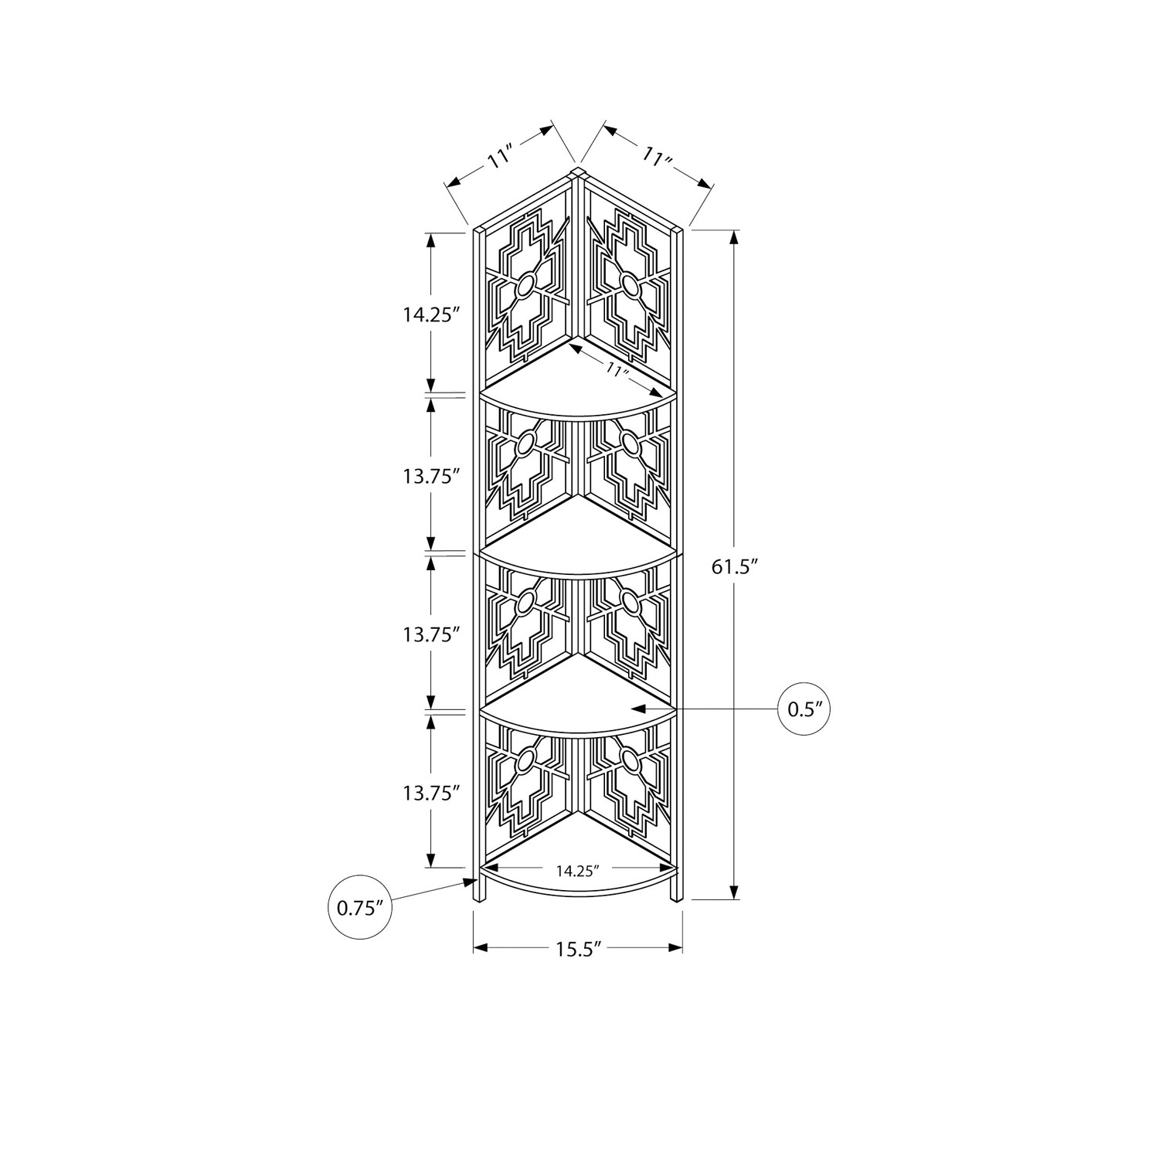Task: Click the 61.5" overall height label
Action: [x=732, y=567]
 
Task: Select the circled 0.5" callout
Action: [x=804, y=709]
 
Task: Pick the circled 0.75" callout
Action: [x=361, y=907]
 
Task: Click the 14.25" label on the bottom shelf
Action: [x=578, y=871]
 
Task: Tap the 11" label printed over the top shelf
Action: [x=616, y=369]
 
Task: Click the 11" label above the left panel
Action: [x=501, y=159]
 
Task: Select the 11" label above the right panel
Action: [x=658, y=159]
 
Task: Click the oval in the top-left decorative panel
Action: [x=525, y=287]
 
